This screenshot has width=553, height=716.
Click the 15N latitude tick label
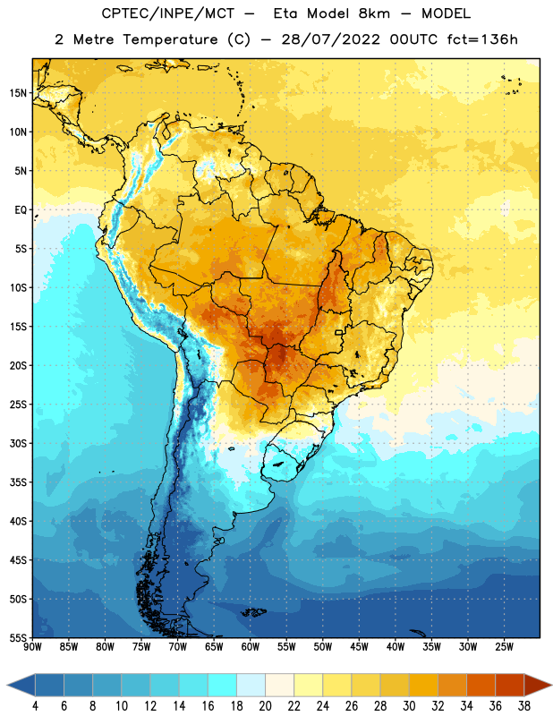pyautogui.click(x=18, y=93)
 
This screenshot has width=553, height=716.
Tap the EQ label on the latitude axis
pyautogui.click(x=21, y=210)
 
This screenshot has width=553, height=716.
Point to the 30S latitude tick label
pyautogui.click(x=18, y=443)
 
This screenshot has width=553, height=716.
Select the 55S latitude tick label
pyautogui.click(x=18, y=638)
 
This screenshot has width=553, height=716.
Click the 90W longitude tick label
pyautogui.click(x=32, y=647)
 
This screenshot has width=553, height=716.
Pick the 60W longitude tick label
pyautogui.click(x=251, y=647)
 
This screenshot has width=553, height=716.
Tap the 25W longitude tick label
pyautogui.click(x=504, y=647)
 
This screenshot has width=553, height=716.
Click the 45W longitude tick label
pyautogui.click(x=359, y=647)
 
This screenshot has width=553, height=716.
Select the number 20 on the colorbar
pyautogui.click(x=265, y=706)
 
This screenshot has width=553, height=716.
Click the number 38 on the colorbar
pyautogui.click(x=524, y=706)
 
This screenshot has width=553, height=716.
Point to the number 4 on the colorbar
pyautogui.click(x=35, y=706)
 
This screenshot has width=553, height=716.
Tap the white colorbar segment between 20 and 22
pyautogui.click(x=279, y=685)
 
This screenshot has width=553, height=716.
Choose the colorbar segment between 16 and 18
pyautogui.click(x=222, y=685)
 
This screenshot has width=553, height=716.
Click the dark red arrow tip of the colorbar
pyautogui.click(x=551, y=685)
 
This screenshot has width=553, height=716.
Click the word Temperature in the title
pyautogui.click(x=170, y=39)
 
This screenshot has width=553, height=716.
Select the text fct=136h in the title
pyautogui.click(x=482, y=39)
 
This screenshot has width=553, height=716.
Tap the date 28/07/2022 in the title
pyautogui.click(x=330, y=39)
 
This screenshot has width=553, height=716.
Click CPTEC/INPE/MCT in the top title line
pyautogui.click(x=167, y=13)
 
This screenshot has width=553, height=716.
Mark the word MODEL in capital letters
pyautogui.click(x=447, y=13)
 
